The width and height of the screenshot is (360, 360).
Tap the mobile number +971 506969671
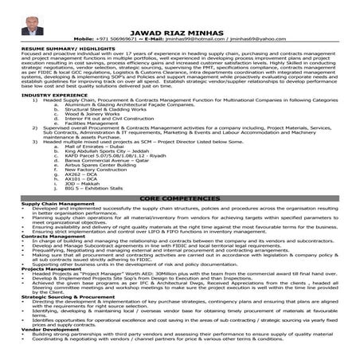point(135,37)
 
